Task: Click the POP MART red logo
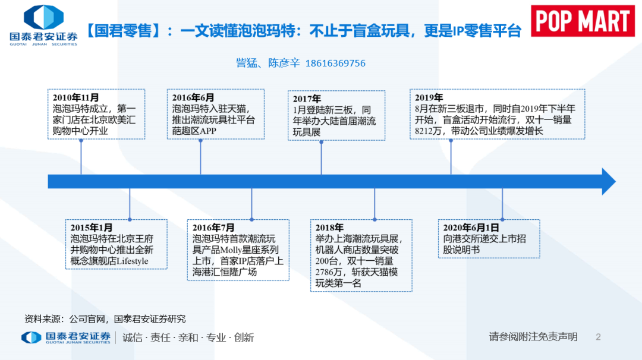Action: pyautogui.click(x=583, y=21)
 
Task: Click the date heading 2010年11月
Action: pyautogui.click(x=75, y=98)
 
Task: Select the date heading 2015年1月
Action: pyautogui.click(x=92, y=228)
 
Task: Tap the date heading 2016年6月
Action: pyautogui.click(x=193, y=98)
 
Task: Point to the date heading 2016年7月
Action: pyautogui.click(x=213, y=228)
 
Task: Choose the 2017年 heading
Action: pyautogui.click(x=307, y=99)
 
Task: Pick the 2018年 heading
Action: pyautogui.click(x=329, y=228)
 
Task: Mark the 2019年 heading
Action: pyautogui.click(x=429, y=98)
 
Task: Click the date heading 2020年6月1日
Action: pyautogui.click(x=471, y=228)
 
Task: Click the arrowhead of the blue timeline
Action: pyautogui.click(x=609, y=182)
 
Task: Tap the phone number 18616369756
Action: pyautogui.click(x=335, y=64)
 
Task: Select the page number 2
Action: pyautogui.click(x=598, y=337)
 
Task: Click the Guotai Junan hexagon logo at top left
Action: pyautogui.click(x=43, y=17)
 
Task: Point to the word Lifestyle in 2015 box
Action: pyautogui.click(x=132, y=261)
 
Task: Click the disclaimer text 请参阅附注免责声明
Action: pyautogui.click(x=533, y=337)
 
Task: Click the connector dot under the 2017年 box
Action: pyautogui.click(x=322, y=143)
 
